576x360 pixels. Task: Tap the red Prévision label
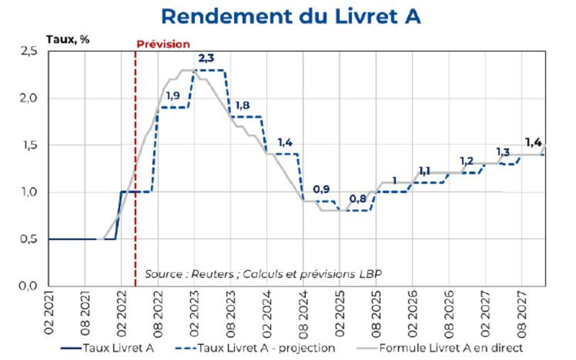pyautogui.click(x=163, y=44)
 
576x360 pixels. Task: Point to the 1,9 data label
pyautogui.click(x=173, y=95)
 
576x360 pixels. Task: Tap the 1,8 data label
pyautogui.click(x=242, y=105)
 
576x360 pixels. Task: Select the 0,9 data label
pyautogui.click(x=321, y=189)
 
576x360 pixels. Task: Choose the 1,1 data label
pyautogui.click(x=424, y=171)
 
